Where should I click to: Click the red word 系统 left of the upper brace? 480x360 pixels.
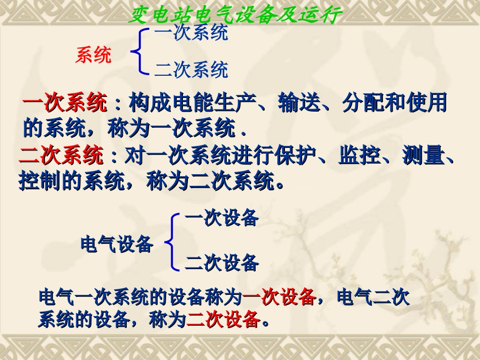click(93, 55)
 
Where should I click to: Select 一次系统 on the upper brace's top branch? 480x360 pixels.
click(191, 33)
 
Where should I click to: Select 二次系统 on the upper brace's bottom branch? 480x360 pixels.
click(191, 70)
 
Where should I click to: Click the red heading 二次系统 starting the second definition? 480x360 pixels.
click(61, 156)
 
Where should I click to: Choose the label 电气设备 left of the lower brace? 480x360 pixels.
click(117, 244)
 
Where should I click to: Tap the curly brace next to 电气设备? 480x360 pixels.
click(172, 242)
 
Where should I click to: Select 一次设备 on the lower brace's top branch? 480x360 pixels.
click(222, 219)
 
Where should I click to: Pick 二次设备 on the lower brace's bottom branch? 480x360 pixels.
click(222, 263)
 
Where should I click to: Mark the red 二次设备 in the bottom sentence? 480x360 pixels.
click(223, 320)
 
